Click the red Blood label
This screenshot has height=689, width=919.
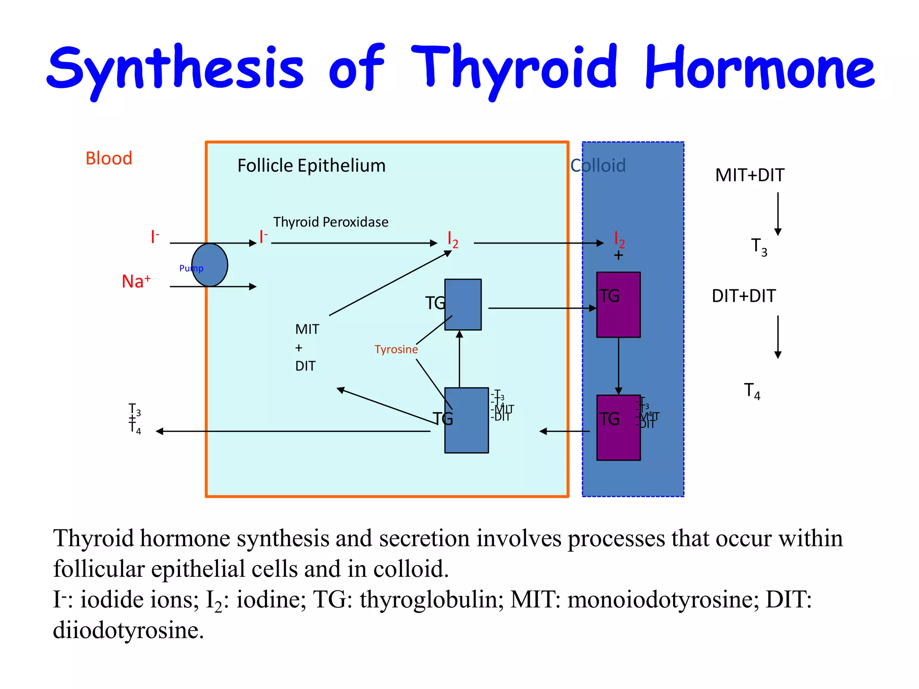(x=109, y=158)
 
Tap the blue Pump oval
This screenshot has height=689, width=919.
(x=210, y=265)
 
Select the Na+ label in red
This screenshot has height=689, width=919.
(x=136, y=281)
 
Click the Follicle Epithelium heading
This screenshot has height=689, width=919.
(x=311, y=166)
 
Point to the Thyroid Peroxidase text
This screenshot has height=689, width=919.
(x=331, y=222)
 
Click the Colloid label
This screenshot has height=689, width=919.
(x=598, y=166)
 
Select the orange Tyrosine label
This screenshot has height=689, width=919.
(x=396, y=349)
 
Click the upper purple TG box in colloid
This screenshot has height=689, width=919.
(x=618, y=305)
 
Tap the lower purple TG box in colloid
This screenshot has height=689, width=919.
(x=618, y=427)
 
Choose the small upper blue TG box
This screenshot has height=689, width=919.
(x=463, y=305)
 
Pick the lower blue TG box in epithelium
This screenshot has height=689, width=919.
(x=467, y=420)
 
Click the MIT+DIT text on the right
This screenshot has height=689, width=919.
(x=749, y=175)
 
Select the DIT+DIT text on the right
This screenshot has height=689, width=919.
(x=744, y=296)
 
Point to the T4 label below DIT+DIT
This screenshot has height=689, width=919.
(x=752, y=391)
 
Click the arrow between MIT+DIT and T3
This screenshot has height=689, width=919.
(x=778, y=214)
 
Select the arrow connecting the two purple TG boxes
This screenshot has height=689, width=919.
(x=618, y=366)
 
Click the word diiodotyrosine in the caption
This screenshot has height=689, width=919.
(x=128, y=630)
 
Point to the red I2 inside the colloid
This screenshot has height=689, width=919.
(x=619, y=240)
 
